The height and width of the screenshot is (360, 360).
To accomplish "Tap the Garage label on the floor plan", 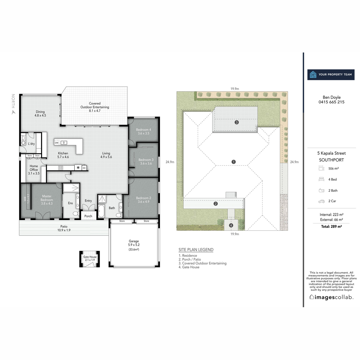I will [x=134, y=241].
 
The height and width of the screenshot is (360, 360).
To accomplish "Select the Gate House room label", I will [x=90, y=257].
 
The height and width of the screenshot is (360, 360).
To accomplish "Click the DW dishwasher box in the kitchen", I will [x=57, y=143].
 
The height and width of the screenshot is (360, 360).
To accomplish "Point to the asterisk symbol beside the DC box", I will [x=78, y=168].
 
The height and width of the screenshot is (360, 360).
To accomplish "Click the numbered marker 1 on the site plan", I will [x=234, y=162].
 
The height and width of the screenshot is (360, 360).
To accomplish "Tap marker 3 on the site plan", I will [x=237, y=122].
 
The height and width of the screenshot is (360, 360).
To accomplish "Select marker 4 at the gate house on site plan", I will [x=231, y=225].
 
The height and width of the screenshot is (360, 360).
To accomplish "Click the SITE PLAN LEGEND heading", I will [x=196, y=250].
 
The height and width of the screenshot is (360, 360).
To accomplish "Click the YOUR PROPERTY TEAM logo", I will [x=331, y=74].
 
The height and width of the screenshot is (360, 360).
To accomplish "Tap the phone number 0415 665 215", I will [x=331, y=102].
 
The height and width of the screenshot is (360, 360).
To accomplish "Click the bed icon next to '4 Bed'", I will [x=321, y=179].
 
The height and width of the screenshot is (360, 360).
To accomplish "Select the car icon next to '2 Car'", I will [x=321, y=201].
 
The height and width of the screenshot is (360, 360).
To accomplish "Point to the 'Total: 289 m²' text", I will [x=331, y=226].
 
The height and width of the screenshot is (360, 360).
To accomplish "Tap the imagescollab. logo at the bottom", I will [x=331, y=297].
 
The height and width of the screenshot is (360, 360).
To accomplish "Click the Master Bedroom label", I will [x=47, y=198].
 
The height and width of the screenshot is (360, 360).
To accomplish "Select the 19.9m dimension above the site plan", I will [x=235, y=89].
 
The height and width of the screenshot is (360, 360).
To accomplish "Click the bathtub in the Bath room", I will [x=101, y=211].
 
